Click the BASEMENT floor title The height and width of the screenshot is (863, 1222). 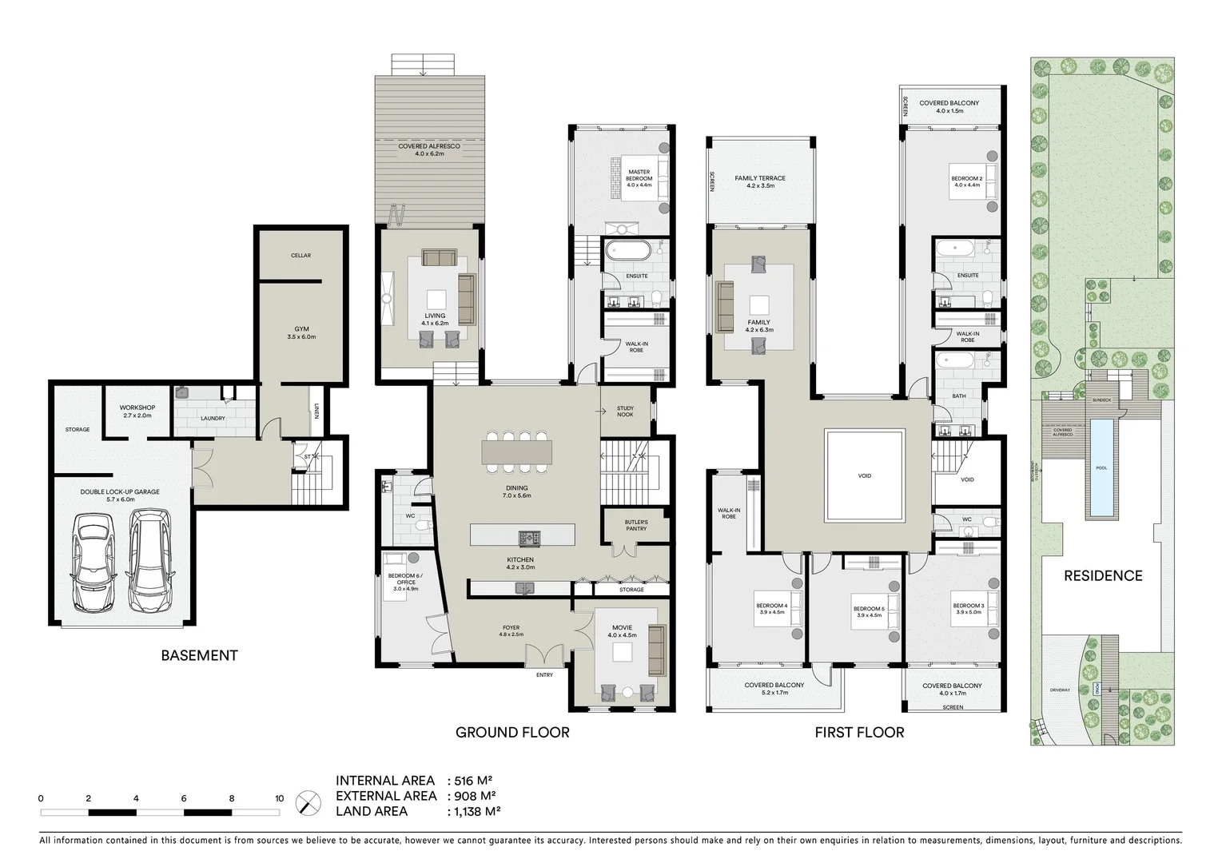pyautogui.click(x=199, y=656)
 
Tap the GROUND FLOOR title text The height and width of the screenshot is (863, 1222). pyautogui.click(x=512, y=732)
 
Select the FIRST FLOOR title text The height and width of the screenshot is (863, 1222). pyautogui.click(x=859, y=732)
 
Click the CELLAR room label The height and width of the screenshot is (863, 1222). pyautogui.click(x=301, y=256)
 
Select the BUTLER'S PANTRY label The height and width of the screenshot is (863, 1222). pyautogui.click(x=636, y=525)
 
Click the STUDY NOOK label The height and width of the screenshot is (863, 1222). pyautogui.click(x=625, y=411)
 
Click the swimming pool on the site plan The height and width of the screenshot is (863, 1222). pyautogui.click(x=1102, y=467)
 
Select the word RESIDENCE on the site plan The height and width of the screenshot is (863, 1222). pyautogui.click(x=1103, y=575)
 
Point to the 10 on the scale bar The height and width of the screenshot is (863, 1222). pyautogui.click(x=279, y=798)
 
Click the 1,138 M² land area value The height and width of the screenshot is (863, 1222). pyautogui.click(x=477, y=811)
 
